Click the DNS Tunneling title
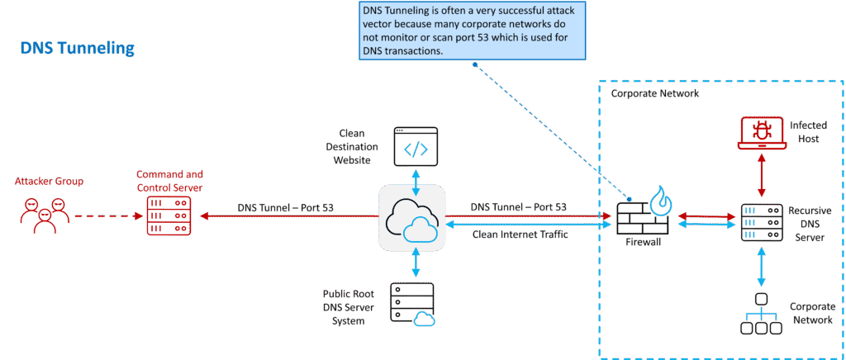76,50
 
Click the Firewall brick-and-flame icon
641,214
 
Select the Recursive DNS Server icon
760,221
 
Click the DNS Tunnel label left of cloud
286,207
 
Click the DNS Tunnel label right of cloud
518,206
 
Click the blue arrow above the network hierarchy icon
760,268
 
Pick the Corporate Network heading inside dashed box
654,93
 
